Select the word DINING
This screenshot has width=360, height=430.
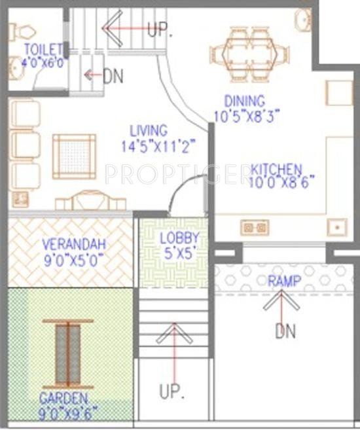pyautogui.click(x=244, y=102)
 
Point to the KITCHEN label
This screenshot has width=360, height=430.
pyautogui.click(x=276, y=170)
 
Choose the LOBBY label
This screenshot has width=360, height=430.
pyautogui.click(x=180, y=238)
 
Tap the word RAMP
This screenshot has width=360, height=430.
pyautogui.click(x=285, y=281)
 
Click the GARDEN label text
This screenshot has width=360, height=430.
pyautogui.click(x=63, y=397)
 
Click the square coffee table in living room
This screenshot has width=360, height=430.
pyautogui.click(x=74, y=156)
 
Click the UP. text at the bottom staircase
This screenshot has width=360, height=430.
pyautogui.click(x=172, y=391)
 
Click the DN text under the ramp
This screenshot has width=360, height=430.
pyautogui.click(x=285, y=331)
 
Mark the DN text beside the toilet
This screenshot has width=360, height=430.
pyautogui.click(x=113, y=76)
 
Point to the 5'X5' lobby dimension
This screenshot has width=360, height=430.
pyautogui.click(x=180, y=253)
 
